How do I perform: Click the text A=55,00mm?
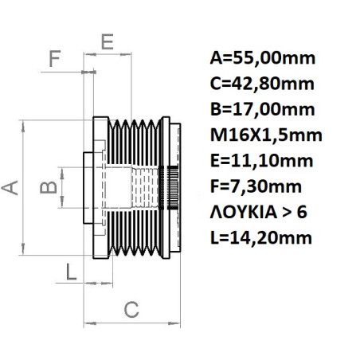(x=262, y=58)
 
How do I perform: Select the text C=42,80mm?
(x=262, y=84)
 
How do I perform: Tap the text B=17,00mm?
(x=262, y=109)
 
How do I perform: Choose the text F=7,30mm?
(x=256, y=186)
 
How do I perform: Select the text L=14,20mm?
(x=261, y=237)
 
